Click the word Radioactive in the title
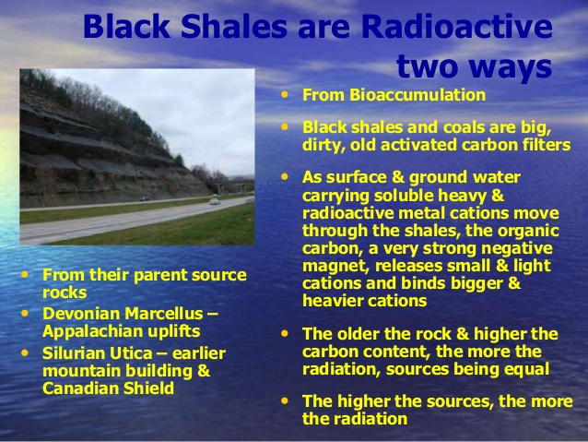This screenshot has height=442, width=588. pos(457,26)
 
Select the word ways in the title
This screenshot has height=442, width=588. pos(510,66)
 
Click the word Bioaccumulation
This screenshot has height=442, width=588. pos(417,95)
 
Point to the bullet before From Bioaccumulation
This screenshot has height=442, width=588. pos(285,94)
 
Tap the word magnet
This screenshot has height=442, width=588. pos(335,266)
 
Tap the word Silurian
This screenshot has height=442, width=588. pos(74,353)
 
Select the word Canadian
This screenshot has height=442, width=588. pos(80,388)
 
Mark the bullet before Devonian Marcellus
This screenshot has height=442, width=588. pos(25,313)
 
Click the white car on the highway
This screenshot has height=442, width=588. pos(215,201)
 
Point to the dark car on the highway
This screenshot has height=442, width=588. pos(145,198)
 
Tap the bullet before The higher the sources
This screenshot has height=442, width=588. pos(285,400)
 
